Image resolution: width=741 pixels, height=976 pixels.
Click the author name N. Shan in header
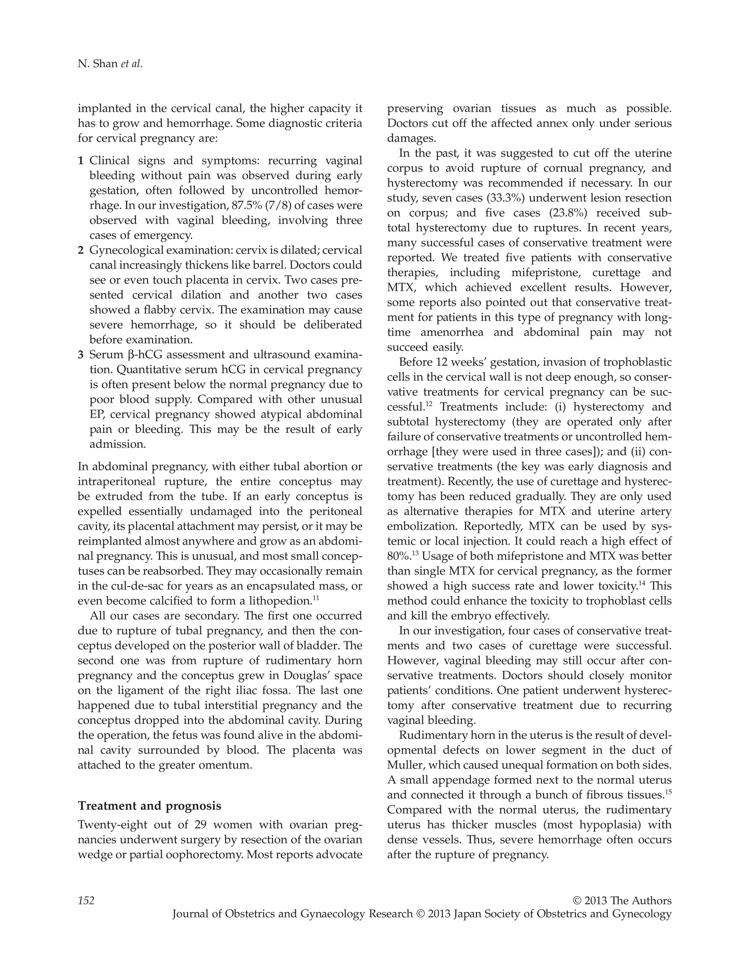pyautogui.click(x=98, y=64)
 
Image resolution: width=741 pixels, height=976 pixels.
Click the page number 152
pyautogui.click(x=86, y=900)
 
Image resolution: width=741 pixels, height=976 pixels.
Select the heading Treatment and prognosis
pyautogui.click(x=149, y=806)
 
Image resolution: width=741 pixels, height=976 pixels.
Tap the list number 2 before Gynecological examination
pyautogui.click(x=80, y=251)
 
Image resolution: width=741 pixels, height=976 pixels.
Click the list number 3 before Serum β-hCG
pyautogui.click(x=80, y=355)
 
